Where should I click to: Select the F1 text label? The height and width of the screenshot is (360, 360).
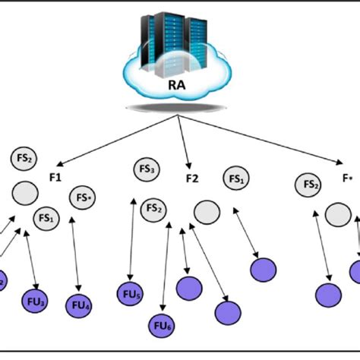click(55, 177)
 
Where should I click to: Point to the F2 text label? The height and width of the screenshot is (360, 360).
click(192, 179)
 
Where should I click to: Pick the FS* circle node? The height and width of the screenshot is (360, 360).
click(83, 197)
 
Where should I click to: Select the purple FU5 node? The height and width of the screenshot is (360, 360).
click(130, 292)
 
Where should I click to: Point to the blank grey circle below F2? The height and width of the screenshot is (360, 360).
click(204, 212)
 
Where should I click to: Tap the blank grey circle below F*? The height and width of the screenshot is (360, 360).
click(338, 216)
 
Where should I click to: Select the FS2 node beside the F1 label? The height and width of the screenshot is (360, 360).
click(23, 159)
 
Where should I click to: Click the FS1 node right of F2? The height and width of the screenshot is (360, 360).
click(235, 179)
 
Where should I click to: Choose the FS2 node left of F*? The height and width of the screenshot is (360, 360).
click(309, 184)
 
